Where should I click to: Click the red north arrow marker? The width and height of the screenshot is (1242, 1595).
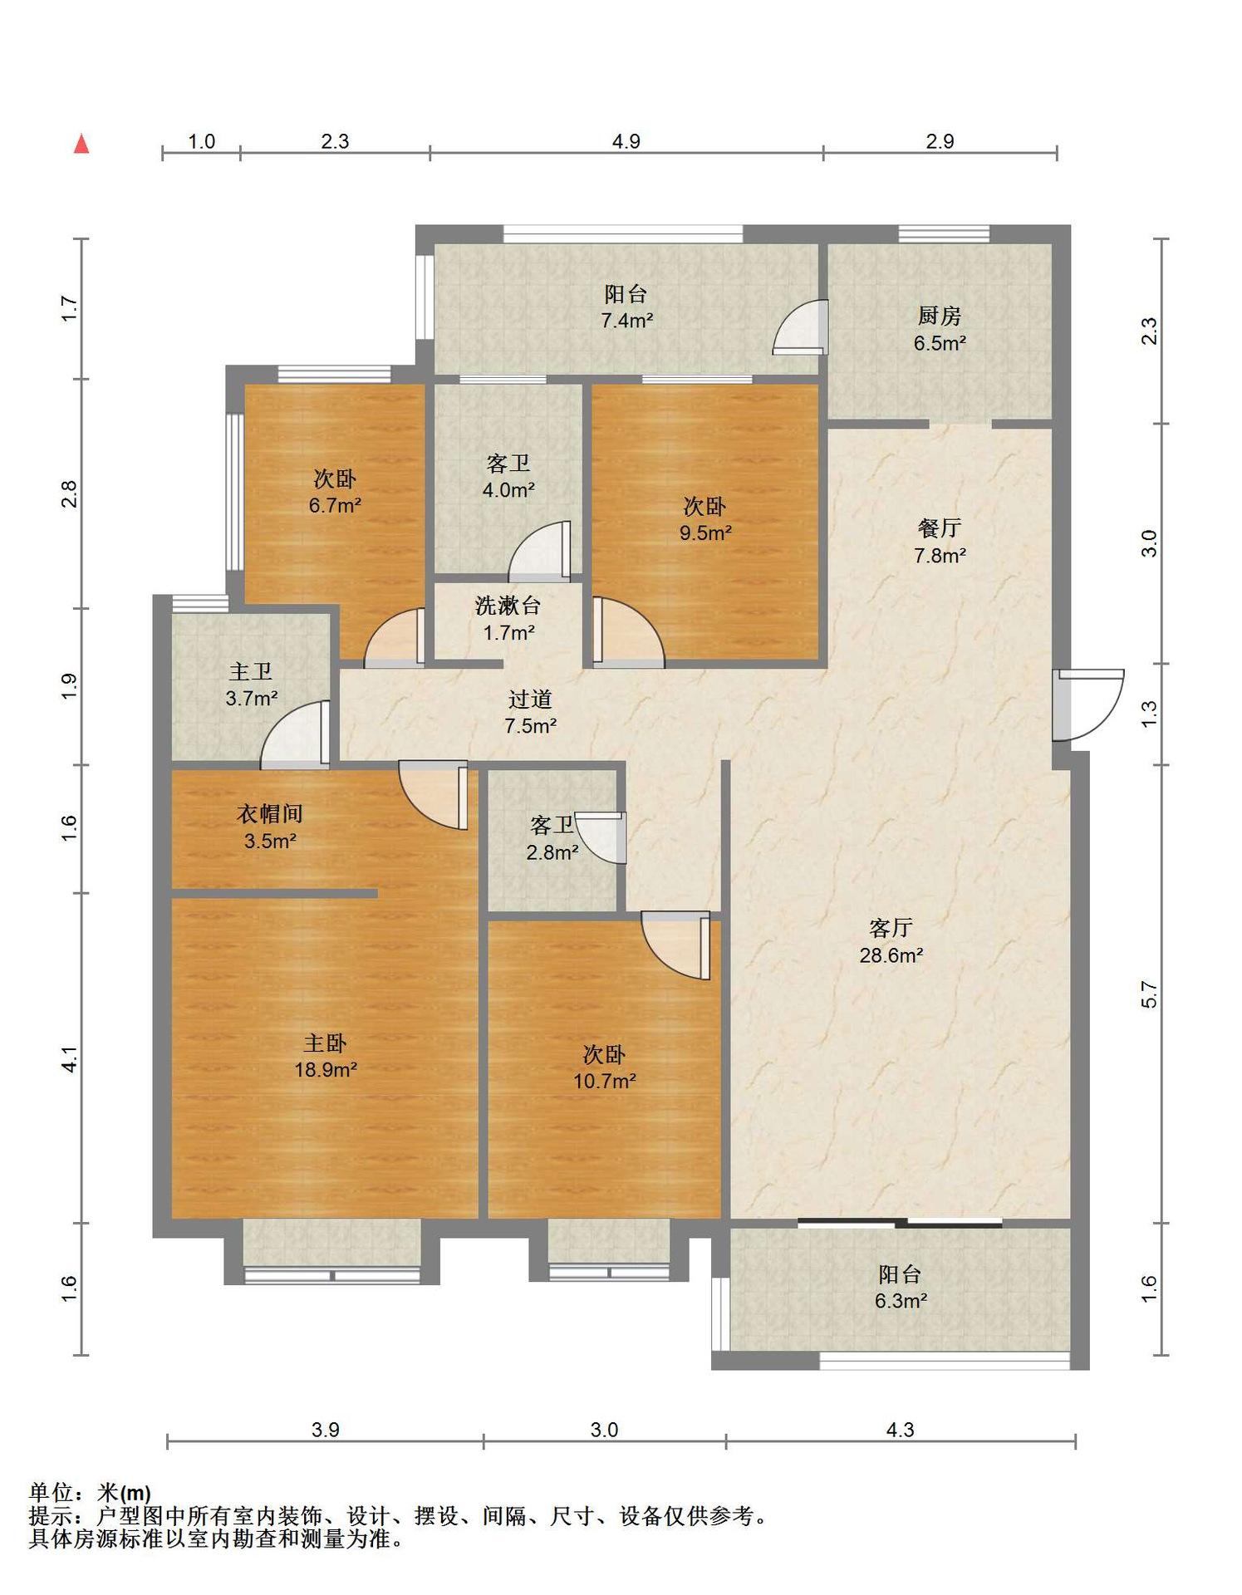tap(81, 144)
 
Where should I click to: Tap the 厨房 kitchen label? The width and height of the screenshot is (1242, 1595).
tap(940, 316)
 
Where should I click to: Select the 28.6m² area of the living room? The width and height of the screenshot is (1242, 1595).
tap(891, 955)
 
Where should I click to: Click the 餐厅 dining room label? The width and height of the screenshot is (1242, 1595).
tap(940, 528)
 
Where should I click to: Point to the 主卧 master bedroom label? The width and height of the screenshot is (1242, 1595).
tap(325, 1043)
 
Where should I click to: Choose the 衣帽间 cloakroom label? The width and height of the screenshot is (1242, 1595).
tap(270, 813)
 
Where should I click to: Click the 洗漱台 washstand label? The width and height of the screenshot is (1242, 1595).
tap(508, 606)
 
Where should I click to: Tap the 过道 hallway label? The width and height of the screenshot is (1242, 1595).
tap(530, 699)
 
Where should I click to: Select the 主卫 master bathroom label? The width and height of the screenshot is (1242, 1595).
tap(251, 671)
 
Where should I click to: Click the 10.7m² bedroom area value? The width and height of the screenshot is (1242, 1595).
tap(605, 1082)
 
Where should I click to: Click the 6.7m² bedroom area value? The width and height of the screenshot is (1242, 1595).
tap(335, 505)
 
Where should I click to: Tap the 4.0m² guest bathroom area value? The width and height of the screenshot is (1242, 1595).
tap(508, 490)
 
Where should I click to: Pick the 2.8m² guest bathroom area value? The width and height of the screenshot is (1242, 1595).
tap(552, 852)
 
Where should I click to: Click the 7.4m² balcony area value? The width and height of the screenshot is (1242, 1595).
tap(627, 321)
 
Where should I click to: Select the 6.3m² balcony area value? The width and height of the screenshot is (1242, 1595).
tap(901, 1301)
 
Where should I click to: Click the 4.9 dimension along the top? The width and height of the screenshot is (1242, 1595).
tap(626, 141)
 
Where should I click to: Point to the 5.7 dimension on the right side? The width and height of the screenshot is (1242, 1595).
tap(1149, 994)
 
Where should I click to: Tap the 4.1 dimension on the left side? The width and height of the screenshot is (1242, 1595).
tap(70, 1058)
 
